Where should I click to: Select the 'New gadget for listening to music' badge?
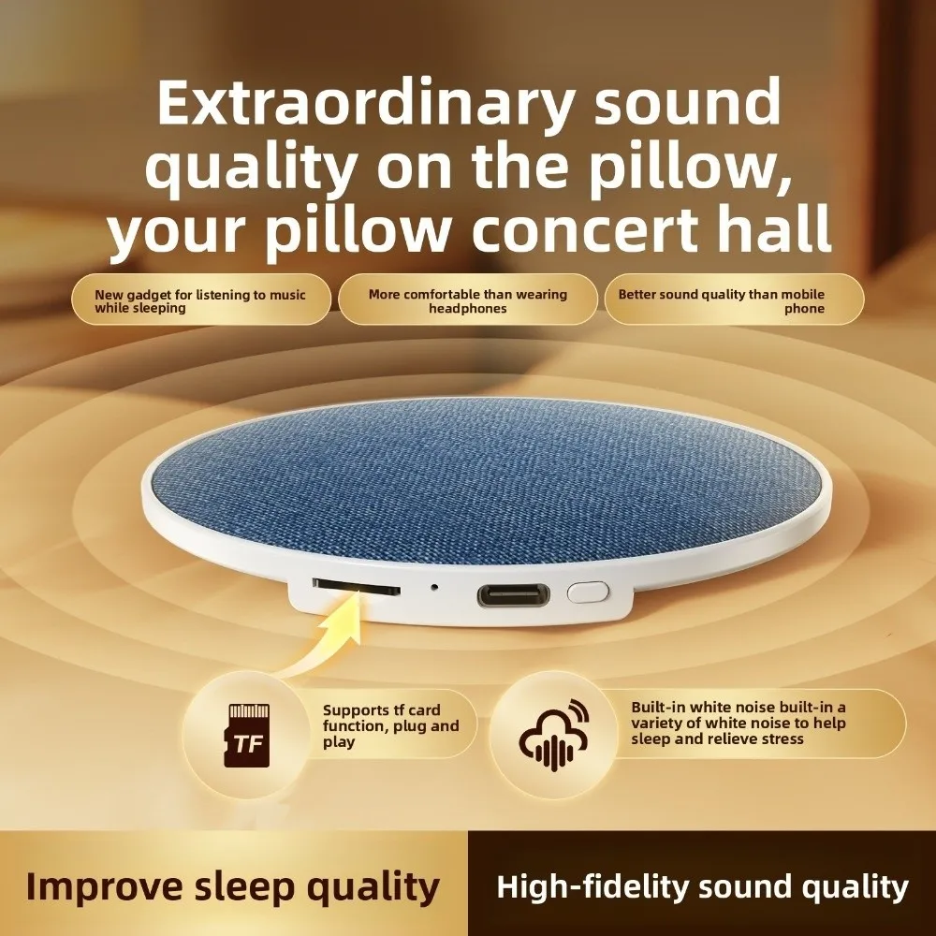(x=200, y=300)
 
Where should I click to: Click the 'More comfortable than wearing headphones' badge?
(x=467, y=300)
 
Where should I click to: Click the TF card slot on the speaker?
(x=356, y=588)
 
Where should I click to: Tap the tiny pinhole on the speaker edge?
(x=434, y=589)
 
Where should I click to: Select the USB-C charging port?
(x=513, y=593)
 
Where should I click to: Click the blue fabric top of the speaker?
(x=487, y=477)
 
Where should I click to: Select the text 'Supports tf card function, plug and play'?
(x=391, y=725)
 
